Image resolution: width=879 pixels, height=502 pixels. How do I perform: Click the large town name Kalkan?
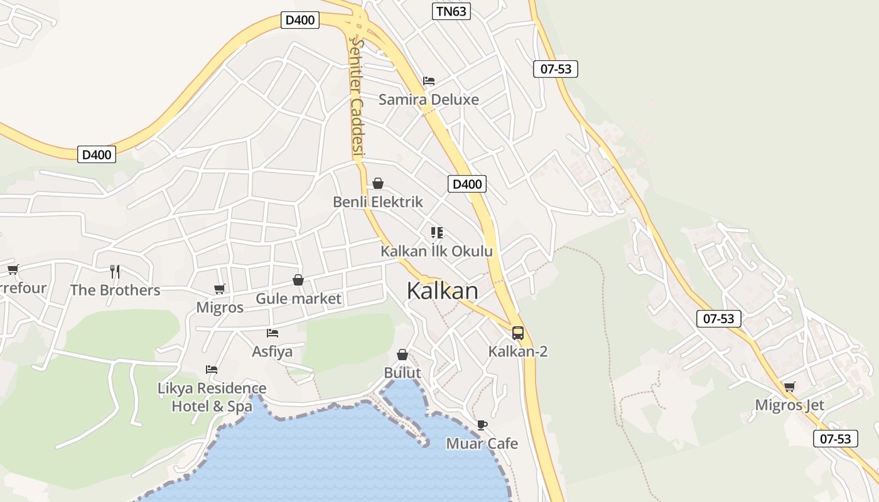tap(442, 291)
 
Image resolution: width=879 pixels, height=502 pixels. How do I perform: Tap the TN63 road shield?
tap(451, 11)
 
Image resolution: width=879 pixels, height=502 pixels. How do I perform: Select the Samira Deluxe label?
tap(428, 99)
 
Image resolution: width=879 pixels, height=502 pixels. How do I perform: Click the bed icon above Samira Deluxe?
tap(429, 80)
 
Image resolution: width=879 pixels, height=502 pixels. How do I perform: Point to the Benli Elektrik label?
tap(377, 202)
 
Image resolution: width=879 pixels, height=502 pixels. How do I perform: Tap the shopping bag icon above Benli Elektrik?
tap(378, 183)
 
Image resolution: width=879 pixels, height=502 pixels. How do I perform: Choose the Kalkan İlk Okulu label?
tap(436, 251)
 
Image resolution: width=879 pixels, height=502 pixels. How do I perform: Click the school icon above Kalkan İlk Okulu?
tap(437, 233)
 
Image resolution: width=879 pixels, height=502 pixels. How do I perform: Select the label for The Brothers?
tap(115, 290)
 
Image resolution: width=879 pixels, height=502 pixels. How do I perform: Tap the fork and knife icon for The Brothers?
tap(115, 271)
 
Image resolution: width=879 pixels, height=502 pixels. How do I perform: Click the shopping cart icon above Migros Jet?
tap(789, 387)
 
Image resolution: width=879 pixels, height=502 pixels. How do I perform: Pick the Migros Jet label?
tap(789, 405)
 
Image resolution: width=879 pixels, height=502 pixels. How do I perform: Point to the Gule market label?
tap(298, 299)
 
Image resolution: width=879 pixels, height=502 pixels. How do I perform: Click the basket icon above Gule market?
tap(298, 280)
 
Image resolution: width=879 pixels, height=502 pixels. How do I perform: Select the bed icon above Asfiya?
tap(272, 333)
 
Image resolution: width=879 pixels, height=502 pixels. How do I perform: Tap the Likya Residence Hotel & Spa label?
tap(212, 397)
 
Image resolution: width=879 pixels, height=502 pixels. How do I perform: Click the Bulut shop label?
tap(402, 373)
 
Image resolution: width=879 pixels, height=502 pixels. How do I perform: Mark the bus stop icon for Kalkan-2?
tap(518, 333)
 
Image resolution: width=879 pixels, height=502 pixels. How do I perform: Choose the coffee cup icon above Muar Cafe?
tap(482, 425)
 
